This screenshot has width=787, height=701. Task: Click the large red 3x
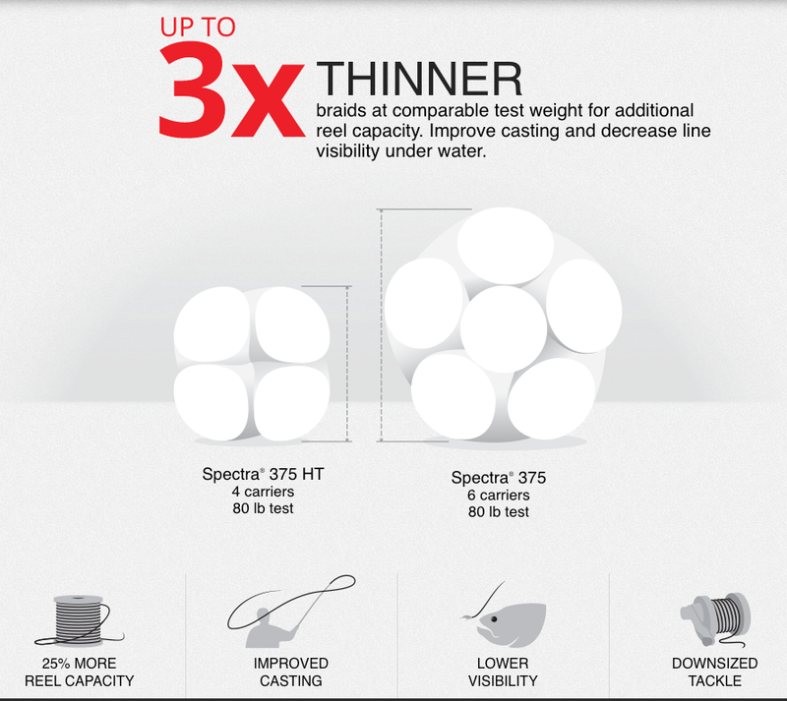[232, 90]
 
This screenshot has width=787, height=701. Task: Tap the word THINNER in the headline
[420, 80]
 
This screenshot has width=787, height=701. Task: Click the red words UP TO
[198, 28]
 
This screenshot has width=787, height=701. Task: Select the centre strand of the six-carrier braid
[504, 328]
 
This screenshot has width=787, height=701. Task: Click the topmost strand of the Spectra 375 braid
[506, 246]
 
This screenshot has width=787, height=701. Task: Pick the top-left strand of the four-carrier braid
[212, 324]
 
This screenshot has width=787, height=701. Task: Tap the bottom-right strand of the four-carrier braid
[292, 403]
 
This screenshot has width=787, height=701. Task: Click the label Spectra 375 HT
[263, 474]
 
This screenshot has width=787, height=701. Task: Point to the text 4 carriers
[263, 492]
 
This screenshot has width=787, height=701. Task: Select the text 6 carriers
[499, 496]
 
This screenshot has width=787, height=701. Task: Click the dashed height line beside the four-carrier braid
[347, 364]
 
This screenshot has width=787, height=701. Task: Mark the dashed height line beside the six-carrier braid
[381, 325]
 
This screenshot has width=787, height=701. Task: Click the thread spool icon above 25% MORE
[80, 620]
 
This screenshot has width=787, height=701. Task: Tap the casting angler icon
[291, 612]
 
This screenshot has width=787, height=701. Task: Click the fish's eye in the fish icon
[494, 619]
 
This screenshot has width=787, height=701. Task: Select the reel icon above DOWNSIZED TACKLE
[715, 619]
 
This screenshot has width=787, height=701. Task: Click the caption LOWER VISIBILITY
[503, 672]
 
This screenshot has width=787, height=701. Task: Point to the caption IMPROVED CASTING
[291, 672]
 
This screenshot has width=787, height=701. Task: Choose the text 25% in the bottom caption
[56, 664]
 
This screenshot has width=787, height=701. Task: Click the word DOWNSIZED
[715, 664]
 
